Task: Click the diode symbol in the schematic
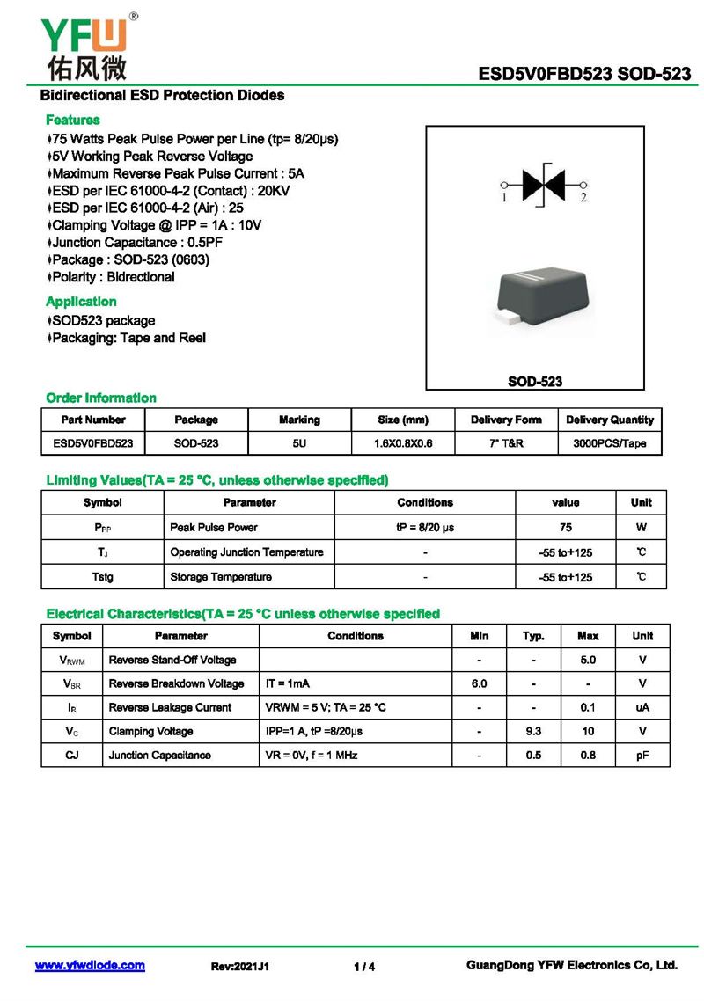point(544,185)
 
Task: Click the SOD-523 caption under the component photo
point(535,382)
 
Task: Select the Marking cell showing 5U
point(299,443)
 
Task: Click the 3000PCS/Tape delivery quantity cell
point(610,443)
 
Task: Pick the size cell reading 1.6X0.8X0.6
point(403,443)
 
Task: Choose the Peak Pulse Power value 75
point(565,528)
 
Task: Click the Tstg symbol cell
point(103,577)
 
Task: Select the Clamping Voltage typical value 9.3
point(533,731)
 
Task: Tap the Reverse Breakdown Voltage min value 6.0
point(480,683)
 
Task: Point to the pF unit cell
point(642,755)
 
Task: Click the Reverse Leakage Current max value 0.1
point(588,707)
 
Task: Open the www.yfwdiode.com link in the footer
point(90,966)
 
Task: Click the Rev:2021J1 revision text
point(240,967)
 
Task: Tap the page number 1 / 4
point(364,967)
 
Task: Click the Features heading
point(73,120)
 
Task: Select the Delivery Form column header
point(506,420)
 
